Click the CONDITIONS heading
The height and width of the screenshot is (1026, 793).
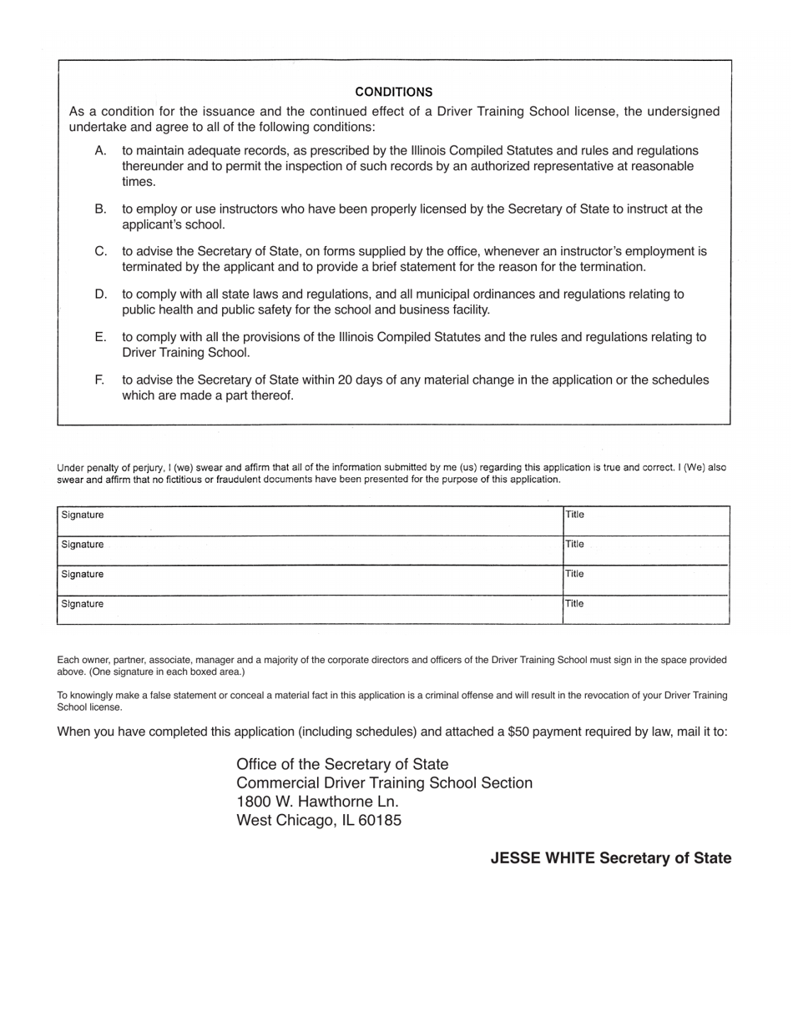point(393,92)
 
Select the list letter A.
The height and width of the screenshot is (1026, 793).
point(101,151)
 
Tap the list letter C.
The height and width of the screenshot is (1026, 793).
point(101,251)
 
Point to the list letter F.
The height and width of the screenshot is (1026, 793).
point(100,380)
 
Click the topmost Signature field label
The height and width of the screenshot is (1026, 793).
point(83,516)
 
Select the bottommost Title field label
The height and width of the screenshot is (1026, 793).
point(575,604)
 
